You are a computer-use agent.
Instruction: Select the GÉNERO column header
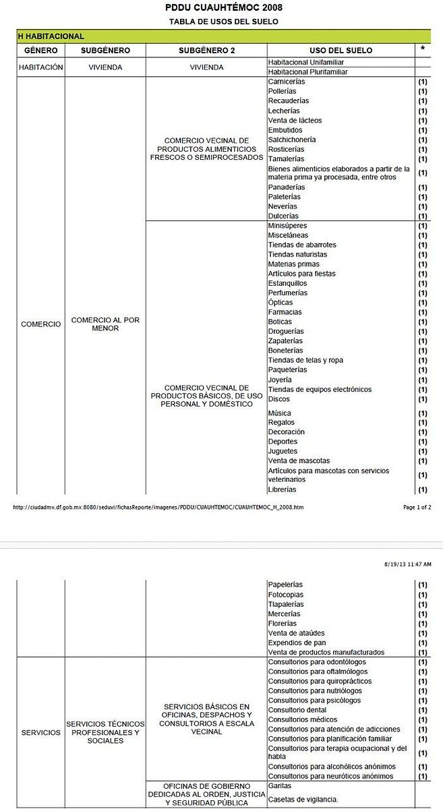pos(40,51)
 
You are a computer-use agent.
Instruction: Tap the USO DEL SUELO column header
pos(341,51)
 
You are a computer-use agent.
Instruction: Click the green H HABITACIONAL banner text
pos(51,36)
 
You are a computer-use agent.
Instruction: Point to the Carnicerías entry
pos(287,82)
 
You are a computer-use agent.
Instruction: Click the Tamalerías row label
pos(286,158)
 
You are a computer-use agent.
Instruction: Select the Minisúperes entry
pos(289,226)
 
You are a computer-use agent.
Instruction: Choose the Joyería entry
pos(280,380)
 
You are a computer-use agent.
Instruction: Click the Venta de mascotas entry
pos(299,461)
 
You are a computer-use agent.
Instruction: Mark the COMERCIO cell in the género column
pos(40,324)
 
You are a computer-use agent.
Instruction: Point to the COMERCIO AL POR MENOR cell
pos(105,324)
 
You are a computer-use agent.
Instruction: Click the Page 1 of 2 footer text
pos(417,507)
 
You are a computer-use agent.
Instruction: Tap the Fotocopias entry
pos(286,595)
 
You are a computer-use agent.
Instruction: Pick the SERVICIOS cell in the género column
pos(40,732)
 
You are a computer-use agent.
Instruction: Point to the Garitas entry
pos(278,786)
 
